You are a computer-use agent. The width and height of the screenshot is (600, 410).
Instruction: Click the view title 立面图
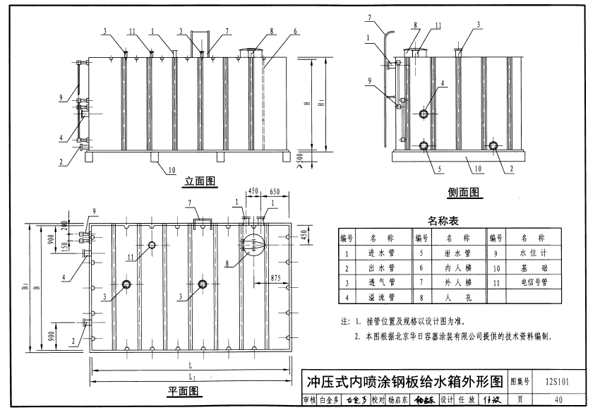[x=200, y=182]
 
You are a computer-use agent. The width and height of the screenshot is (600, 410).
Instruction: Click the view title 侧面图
[x=463, y=192]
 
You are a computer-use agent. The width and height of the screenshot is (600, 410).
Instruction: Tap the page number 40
[x=559, y=400]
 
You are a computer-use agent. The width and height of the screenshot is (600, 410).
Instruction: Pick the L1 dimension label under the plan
[x=192, y=378]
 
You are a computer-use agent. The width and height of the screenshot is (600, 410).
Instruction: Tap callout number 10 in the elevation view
[x=172, y=170]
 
